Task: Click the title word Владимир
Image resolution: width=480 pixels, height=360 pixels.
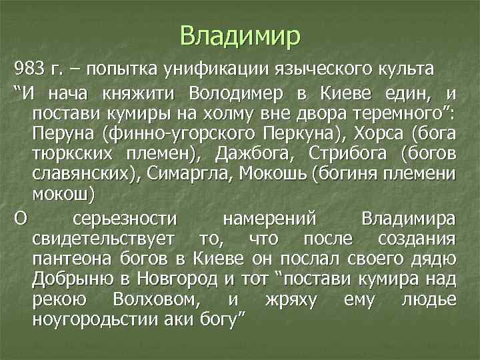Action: pyautogui.click(x=240, y=34)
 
